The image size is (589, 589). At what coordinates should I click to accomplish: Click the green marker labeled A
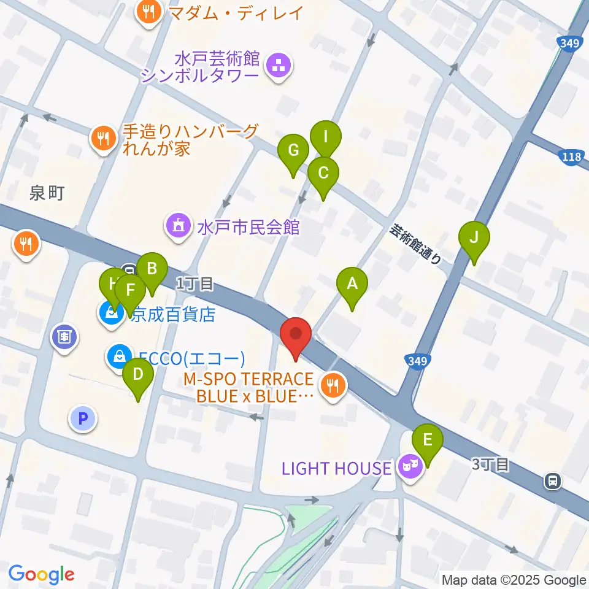coord(352,283)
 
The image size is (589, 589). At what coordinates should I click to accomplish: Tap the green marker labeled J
coord(474,237)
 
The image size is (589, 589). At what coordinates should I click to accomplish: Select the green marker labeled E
coord(428,439)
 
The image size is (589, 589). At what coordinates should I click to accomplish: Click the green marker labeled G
coord(293,150)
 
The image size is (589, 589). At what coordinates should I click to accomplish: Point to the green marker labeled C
coord(323,172)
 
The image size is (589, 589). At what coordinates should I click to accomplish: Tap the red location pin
coord(296,334)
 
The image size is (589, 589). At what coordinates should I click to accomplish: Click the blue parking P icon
coord(83,419)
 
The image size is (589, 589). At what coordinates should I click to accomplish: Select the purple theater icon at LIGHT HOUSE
coord(409,468)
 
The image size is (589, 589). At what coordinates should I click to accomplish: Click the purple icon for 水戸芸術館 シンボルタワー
coord(279,66)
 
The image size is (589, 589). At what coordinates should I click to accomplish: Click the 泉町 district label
coord(47,194)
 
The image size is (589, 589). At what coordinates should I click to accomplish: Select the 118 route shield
coord(571,157)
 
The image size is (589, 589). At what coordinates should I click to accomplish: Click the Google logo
coord(41,574)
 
